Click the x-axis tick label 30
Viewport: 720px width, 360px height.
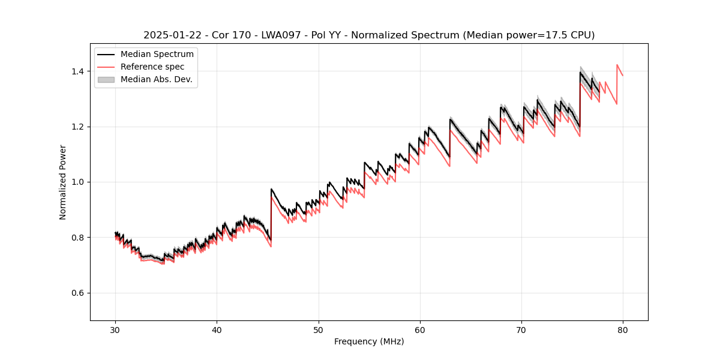115,329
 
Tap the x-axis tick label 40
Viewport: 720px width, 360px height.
217,329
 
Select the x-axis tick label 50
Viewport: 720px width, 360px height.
318,329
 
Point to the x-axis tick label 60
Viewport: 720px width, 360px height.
419,329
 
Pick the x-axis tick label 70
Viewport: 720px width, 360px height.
521,329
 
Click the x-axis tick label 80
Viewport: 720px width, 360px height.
623,329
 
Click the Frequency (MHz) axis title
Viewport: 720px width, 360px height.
369,341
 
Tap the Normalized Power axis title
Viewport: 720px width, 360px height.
63,182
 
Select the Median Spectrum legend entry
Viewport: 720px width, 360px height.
157,55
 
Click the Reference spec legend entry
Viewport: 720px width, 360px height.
152,67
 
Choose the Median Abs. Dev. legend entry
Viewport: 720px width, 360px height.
157,79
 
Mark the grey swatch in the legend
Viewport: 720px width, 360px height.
106,79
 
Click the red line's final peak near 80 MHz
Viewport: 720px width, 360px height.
617,65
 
